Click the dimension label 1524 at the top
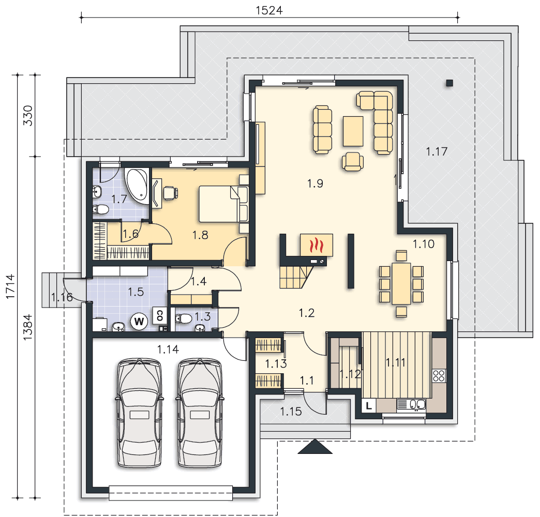coord(269,10)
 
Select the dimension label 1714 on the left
coord(10,286)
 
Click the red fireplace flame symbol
coord(317,245)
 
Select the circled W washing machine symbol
coord(139,322)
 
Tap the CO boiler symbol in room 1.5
coord(159,315)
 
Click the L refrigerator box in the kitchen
coord(369,405)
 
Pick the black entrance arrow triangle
coord(315,447)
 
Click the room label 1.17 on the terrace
coord(437,151)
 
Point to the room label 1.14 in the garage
coord(168,349)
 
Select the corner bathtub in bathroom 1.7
coord(137,185)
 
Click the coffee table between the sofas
coord(353,131)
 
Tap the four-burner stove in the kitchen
coord(439,375)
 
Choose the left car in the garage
coord(139,413)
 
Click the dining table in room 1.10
coord(401,283)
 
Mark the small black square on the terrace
coord(449,83)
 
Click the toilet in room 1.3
coord(184,318)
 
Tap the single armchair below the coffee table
coord(353,161)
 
